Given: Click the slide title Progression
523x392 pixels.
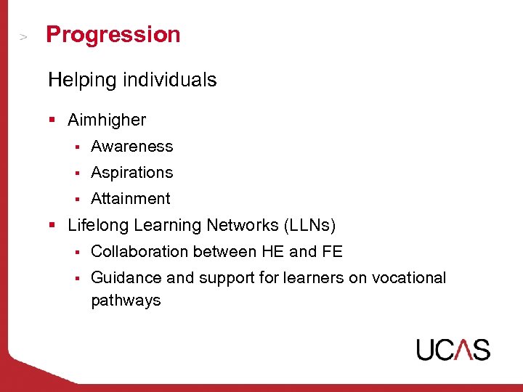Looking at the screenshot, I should pos(113,35).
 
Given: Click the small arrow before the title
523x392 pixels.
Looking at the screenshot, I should pos(23,36).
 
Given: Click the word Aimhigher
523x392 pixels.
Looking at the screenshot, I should pos(107,120).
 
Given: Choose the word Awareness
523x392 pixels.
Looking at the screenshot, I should pos(131,147).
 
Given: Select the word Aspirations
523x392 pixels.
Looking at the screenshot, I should pos(131,173).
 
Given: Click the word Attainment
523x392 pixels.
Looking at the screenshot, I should pos(130,199).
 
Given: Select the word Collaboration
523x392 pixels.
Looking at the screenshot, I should pos(139,252).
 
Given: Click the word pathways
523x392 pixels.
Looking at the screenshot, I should pos(126,301).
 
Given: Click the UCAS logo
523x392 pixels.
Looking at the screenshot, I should pos(453,349).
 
